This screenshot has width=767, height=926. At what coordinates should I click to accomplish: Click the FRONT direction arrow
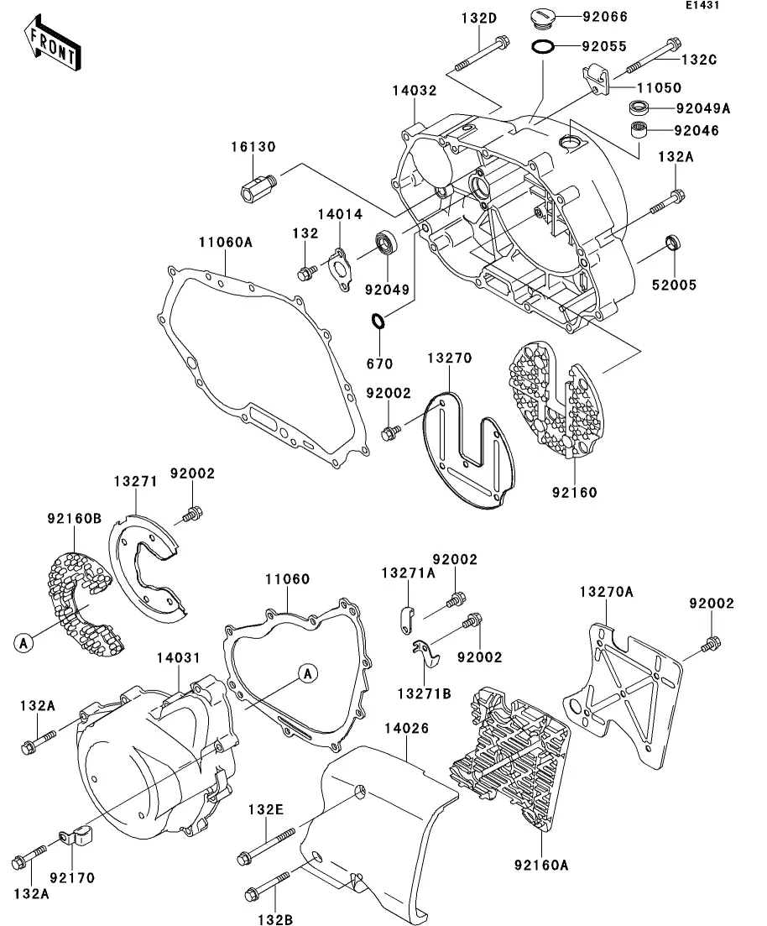pyautogui.click(x=53, y=44)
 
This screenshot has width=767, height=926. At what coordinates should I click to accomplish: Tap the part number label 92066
pyautogui.click(x=605, y=17)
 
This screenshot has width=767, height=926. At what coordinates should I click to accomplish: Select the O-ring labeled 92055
pyautogui.click(x=543, y=45)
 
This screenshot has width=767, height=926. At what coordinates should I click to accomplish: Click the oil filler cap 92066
pyautogui.click(x=541, y=18)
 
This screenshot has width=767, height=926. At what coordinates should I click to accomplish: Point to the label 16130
pyautogui.click(x=253, y=146)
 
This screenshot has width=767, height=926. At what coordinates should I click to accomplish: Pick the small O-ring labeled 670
pyautogui.click(x=378, y=321)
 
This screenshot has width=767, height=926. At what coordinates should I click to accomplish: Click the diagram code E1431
pyautogui.click(x=702, y=5)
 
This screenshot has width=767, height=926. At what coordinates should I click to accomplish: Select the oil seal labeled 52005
pyautogui.click(x=672, y=242)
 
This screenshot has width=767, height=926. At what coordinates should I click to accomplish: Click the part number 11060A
pyautogui.click(x=226, y=242)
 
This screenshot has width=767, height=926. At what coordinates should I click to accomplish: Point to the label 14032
pyautogui.click(x=415, y=91)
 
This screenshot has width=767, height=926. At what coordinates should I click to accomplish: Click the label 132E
pyautogui.click(x=266, y=809)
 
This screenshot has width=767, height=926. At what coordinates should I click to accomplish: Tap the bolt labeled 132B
pyautogui.click(x=267, y=884)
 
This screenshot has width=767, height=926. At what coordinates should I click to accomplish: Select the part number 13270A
pyautogui.click(x=606, y=591)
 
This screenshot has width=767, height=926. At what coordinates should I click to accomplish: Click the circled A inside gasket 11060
pyautogui.click(x=308, y=673)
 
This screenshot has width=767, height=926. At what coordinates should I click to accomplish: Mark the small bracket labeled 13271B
pyautogui.click(x=426, y=653)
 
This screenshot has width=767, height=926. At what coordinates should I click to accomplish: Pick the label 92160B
pyautogui.click(x=75, y=519)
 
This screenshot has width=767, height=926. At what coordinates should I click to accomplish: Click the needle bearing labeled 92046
pyautogui.click(x=639, y=129)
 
